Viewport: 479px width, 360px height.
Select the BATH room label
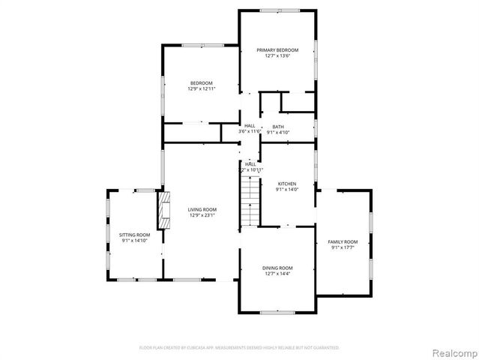click(278, 127)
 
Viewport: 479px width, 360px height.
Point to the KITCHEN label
click(287, 184)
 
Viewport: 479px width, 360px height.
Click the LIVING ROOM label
click(202, 209)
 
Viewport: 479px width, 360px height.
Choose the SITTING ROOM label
click(134, 235)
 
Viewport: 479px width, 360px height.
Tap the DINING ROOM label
click(277, 268)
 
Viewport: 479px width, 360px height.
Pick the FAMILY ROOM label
click(343, 241)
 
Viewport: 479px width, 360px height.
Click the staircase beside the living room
click(250, 199)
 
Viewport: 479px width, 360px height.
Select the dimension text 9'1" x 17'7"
click(343, 247)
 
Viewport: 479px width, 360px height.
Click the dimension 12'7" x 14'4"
click(277, 274)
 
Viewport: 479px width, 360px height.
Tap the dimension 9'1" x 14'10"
click(134, 241)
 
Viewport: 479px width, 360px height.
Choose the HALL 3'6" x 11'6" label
click(250, 129)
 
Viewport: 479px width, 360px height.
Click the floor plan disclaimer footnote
click(239, 347)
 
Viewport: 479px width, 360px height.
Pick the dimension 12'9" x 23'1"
click(202, 215)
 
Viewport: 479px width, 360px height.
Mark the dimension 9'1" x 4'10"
click(278, 133)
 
